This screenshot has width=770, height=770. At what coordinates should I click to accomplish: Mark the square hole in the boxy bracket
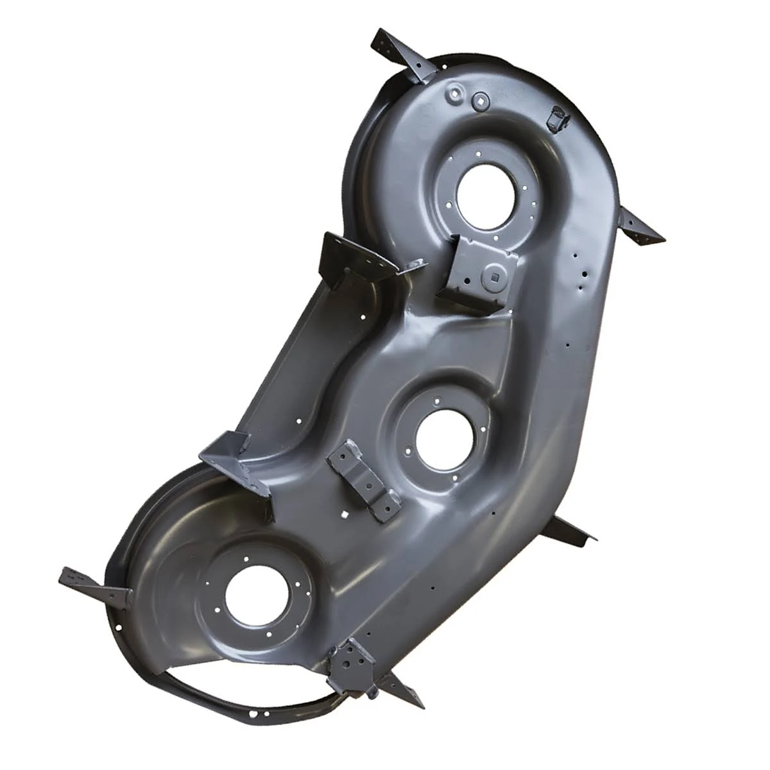(x=495, y=277)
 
